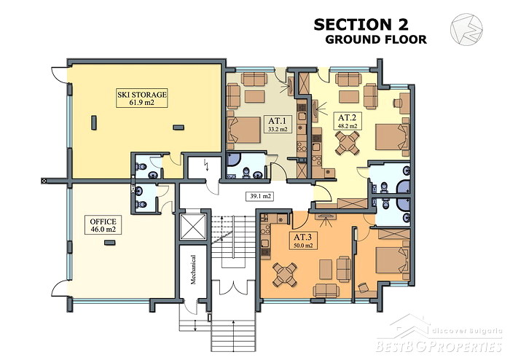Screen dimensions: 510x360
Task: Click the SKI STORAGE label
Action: pos(142,98)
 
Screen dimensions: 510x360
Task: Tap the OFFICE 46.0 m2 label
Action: pos(103,224)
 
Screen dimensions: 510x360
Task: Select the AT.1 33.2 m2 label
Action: pos(278,124)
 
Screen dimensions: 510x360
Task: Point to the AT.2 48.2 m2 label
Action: pos(348,121)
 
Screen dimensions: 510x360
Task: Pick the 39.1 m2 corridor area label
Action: pos(260,197)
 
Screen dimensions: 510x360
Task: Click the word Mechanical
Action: pos(193,270)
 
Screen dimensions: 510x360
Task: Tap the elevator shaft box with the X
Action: pos(193,227)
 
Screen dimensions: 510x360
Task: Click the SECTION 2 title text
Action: pos(361,25)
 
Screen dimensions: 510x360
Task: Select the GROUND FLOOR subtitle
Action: pos(376,39)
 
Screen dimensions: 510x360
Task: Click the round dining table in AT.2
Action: pos(348,143)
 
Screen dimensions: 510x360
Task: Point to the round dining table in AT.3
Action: pos(285,275)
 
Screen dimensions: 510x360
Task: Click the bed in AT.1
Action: pos(244,130)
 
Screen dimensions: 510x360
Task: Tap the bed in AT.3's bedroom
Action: pos(392,260)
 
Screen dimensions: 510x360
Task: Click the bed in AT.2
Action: pos(392,136)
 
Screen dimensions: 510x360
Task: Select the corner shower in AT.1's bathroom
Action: pos(234,160)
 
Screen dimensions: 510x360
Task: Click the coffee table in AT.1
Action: pos(254,97)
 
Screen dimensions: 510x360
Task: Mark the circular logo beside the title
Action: pos(466,29)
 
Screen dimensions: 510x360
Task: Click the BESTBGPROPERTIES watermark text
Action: pos(439,346)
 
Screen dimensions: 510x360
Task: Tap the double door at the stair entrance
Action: pos(232,287)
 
